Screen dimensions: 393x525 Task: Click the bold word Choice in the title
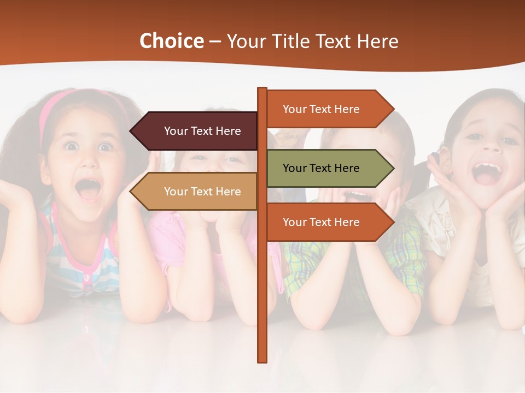point(171,41)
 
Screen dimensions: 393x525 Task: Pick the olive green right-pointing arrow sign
point(328,168)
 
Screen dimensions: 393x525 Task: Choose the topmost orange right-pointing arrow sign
point(328,109)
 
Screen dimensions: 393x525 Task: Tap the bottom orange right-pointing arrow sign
point(328,222)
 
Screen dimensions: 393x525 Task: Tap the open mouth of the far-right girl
point(486,172)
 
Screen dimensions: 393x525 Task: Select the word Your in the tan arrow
point(176,192)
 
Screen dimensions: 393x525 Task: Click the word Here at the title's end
point(378,41)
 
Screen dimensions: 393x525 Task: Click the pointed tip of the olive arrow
point(393,168)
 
